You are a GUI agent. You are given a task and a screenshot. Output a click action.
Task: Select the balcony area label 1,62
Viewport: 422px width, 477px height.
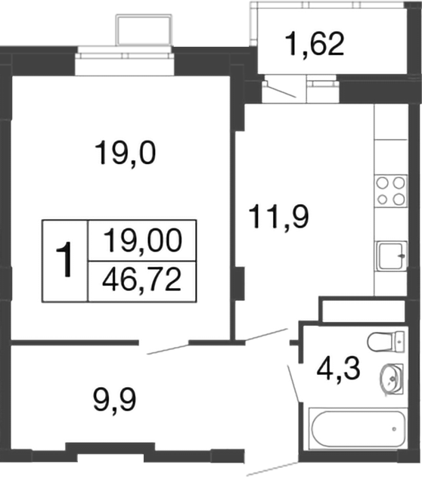point(315,44)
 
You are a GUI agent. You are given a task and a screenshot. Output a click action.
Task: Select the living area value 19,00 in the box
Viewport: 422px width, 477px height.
point(143,242)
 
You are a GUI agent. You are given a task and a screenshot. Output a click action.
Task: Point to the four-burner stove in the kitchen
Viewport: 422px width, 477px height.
point(390,190)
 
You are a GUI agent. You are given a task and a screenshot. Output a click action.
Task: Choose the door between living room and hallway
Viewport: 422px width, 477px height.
point(166,348)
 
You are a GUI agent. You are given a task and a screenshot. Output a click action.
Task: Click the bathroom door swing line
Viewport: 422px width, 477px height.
point(294,383)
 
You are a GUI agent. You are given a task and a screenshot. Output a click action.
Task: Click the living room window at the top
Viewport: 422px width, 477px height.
point(126,60)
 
